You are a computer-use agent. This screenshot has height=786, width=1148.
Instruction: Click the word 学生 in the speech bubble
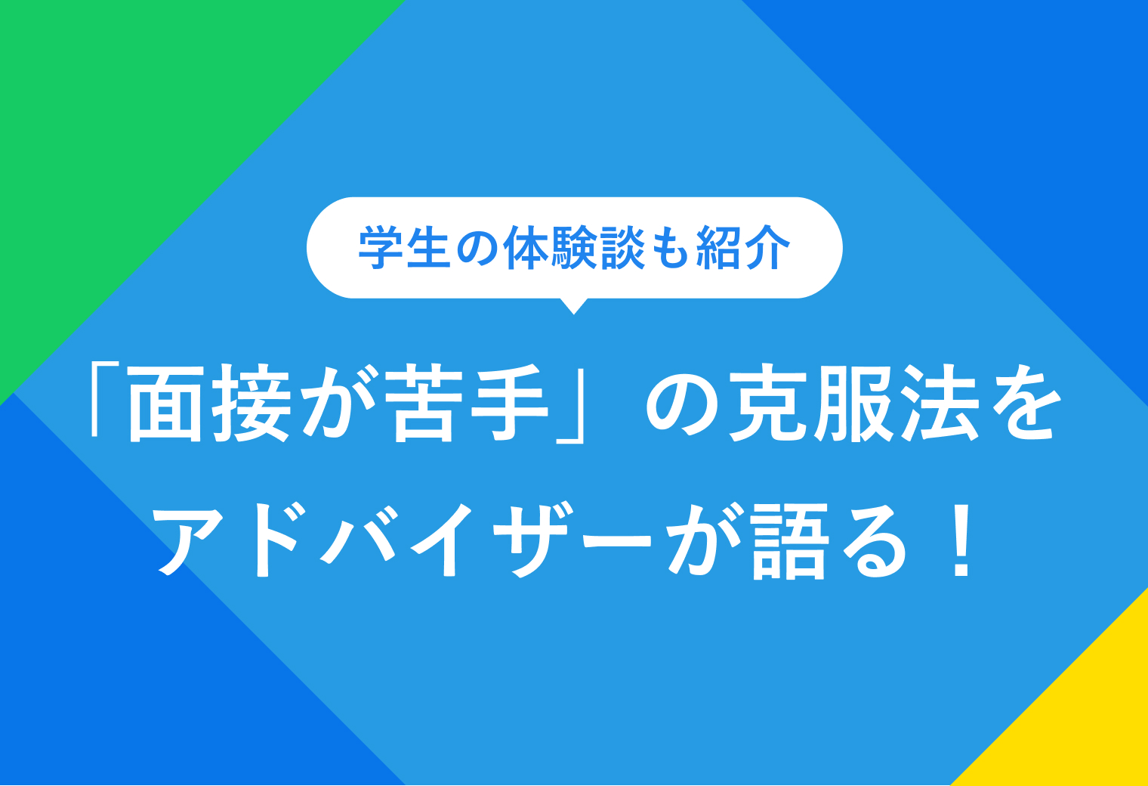pos(405,248)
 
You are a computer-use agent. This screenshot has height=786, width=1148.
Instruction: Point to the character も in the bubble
pos(669,248)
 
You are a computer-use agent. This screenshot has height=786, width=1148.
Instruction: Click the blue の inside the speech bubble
pos(477,248)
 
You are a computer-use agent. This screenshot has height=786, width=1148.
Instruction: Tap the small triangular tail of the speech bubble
pos(574,305)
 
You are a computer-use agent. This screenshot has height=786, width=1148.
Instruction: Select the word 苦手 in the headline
pos(470,403)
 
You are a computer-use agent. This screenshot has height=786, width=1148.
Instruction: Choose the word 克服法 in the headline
pos(853,403)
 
